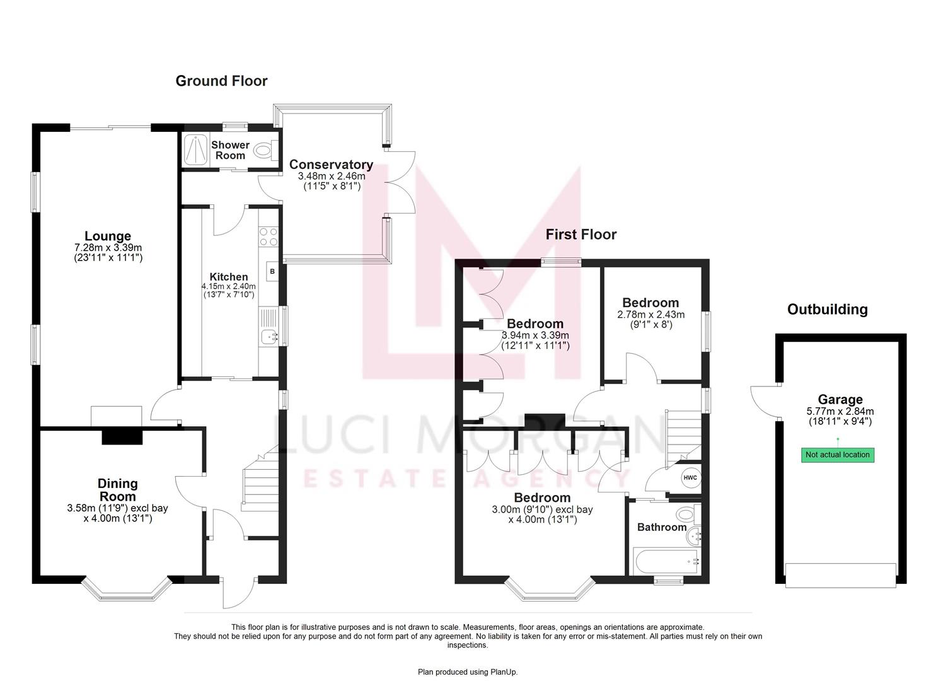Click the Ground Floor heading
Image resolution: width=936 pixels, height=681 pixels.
pyautogui.click(x=221, y=81)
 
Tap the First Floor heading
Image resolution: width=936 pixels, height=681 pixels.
pyautogui.click(x=581, y=235)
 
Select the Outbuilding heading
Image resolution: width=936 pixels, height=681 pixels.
pyautogui.click(x=827, y=310)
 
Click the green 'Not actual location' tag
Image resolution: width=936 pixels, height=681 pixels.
pyautogui.click(x=838, y=455)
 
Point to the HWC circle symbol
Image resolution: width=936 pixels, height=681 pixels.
pyautogui.click(x=690, y=477)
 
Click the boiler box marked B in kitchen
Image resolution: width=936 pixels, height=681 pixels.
pyautogui.click(x=272, y=271)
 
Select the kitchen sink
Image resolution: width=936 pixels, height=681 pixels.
pyautogui.click(x=270, y=337)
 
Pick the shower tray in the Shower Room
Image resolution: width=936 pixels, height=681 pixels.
pyautogui.click(x=196, y=150)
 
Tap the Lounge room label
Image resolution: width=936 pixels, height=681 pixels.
pyautogui.click(x=108, y=237)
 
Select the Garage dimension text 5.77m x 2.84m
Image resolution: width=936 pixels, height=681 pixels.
pyautogui.click(x=840, y=411)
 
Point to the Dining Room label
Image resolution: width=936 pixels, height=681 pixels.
pyautogui.click(x=117, y=490)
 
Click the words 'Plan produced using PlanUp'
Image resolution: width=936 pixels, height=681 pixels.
pyautogui.click(x=467, y=672)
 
